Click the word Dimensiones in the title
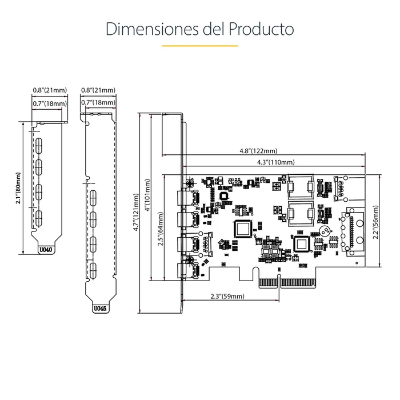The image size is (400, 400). tap(150, 29)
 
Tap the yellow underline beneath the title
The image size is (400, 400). tap(199, 46)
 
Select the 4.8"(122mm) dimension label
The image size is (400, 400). tap(258, 151)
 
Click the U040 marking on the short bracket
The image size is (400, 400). tap(45, 249)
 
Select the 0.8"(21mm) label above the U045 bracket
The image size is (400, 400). tap(98, 90)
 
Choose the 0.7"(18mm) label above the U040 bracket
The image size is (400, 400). tap(50, 103)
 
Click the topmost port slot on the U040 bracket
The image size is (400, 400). tap(39, 145)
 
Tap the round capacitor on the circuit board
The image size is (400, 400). tap(325, 232)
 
